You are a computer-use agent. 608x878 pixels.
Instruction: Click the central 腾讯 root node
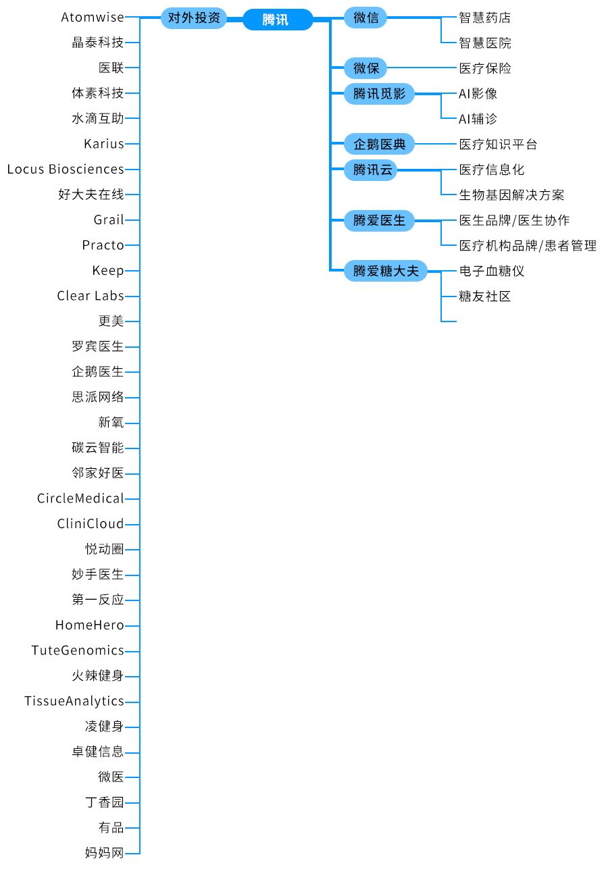coord(278,19)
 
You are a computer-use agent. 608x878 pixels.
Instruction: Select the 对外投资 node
coord(194,18)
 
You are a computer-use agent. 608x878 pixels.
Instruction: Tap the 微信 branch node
coord(365,18)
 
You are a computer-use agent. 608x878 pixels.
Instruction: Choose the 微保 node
coord(365,68)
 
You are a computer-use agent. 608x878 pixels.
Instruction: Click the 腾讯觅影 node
coord(379,94)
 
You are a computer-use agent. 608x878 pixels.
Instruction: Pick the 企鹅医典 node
coord(379,145)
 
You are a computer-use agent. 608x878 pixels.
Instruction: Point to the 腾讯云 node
coord(370,170)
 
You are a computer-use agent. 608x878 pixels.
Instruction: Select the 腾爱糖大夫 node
coord(385,271)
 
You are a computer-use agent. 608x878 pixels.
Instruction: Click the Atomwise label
coord(93,18)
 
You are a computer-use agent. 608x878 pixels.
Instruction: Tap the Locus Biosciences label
coord(66,170)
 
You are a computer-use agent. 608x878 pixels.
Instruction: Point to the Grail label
coord(109,220)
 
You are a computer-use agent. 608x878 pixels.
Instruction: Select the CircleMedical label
coord(80,498)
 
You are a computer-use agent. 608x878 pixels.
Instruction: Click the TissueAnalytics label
coord(74,701)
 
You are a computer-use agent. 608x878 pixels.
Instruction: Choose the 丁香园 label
coord(104,802)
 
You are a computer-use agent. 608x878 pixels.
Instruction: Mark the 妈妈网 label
coord(104,853)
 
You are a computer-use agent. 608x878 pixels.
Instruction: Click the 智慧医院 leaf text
coord(485,43)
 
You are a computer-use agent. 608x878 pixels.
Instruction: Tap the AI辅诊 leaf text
coord(478,119)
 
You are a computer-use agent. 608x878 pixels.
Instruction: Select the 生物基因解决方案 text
coord(511,195)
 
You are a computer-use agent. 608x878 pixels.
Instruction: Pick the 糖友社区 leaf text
coord(485,296)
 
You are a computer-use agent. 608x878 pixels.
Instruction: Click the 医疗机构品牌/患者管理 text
coord(528,246)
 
